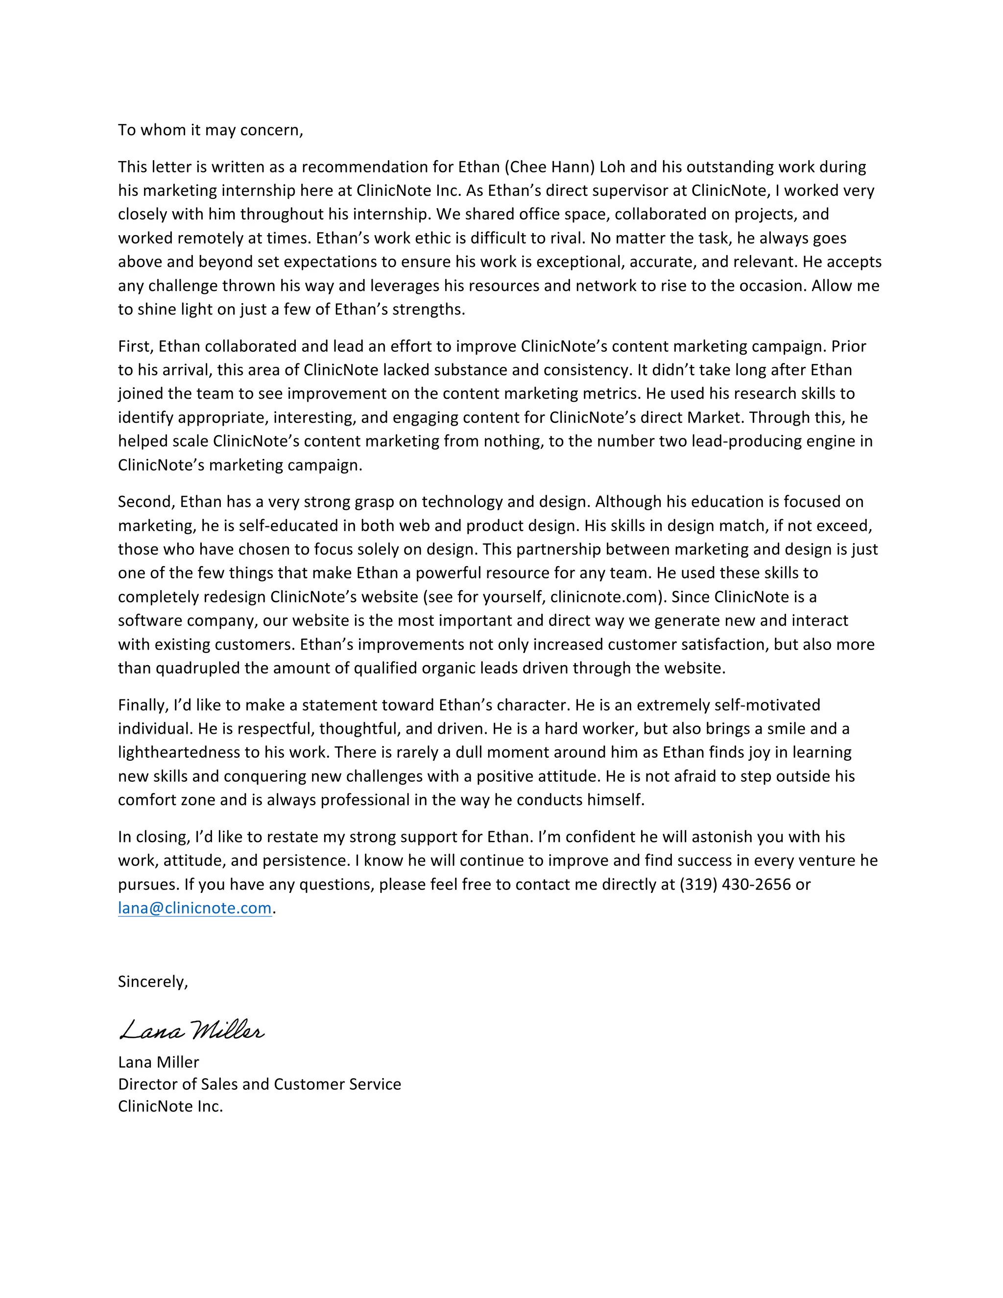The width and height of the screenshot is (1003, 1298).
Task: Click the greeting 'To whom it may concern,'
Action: (210, 130)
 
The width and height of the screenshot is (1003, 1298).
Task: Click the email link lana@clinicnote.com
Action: (194, 908)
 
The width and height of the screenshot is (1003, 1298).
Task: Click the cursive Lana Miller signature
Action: (191, 1031)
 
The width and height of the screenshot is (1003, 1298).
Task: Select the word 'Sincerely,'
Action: (153, 981)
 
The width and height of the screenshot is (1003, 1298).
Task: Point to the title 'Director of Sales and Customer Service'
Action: (259, 1084)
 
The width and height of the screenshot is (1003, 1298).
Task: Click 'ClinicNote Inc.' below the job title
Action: (170, 1106)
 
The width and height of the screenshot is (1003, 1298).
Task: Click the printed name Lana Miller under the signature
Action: (158, 1062)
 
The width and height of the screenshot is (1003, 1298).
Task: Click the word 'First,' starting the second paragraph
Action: (136, 346)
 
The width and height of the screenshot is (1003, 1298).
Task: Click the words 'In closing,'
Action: (153, 837)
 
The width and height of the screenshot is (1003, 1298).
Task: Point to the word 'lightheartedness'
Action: (189, 752)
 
